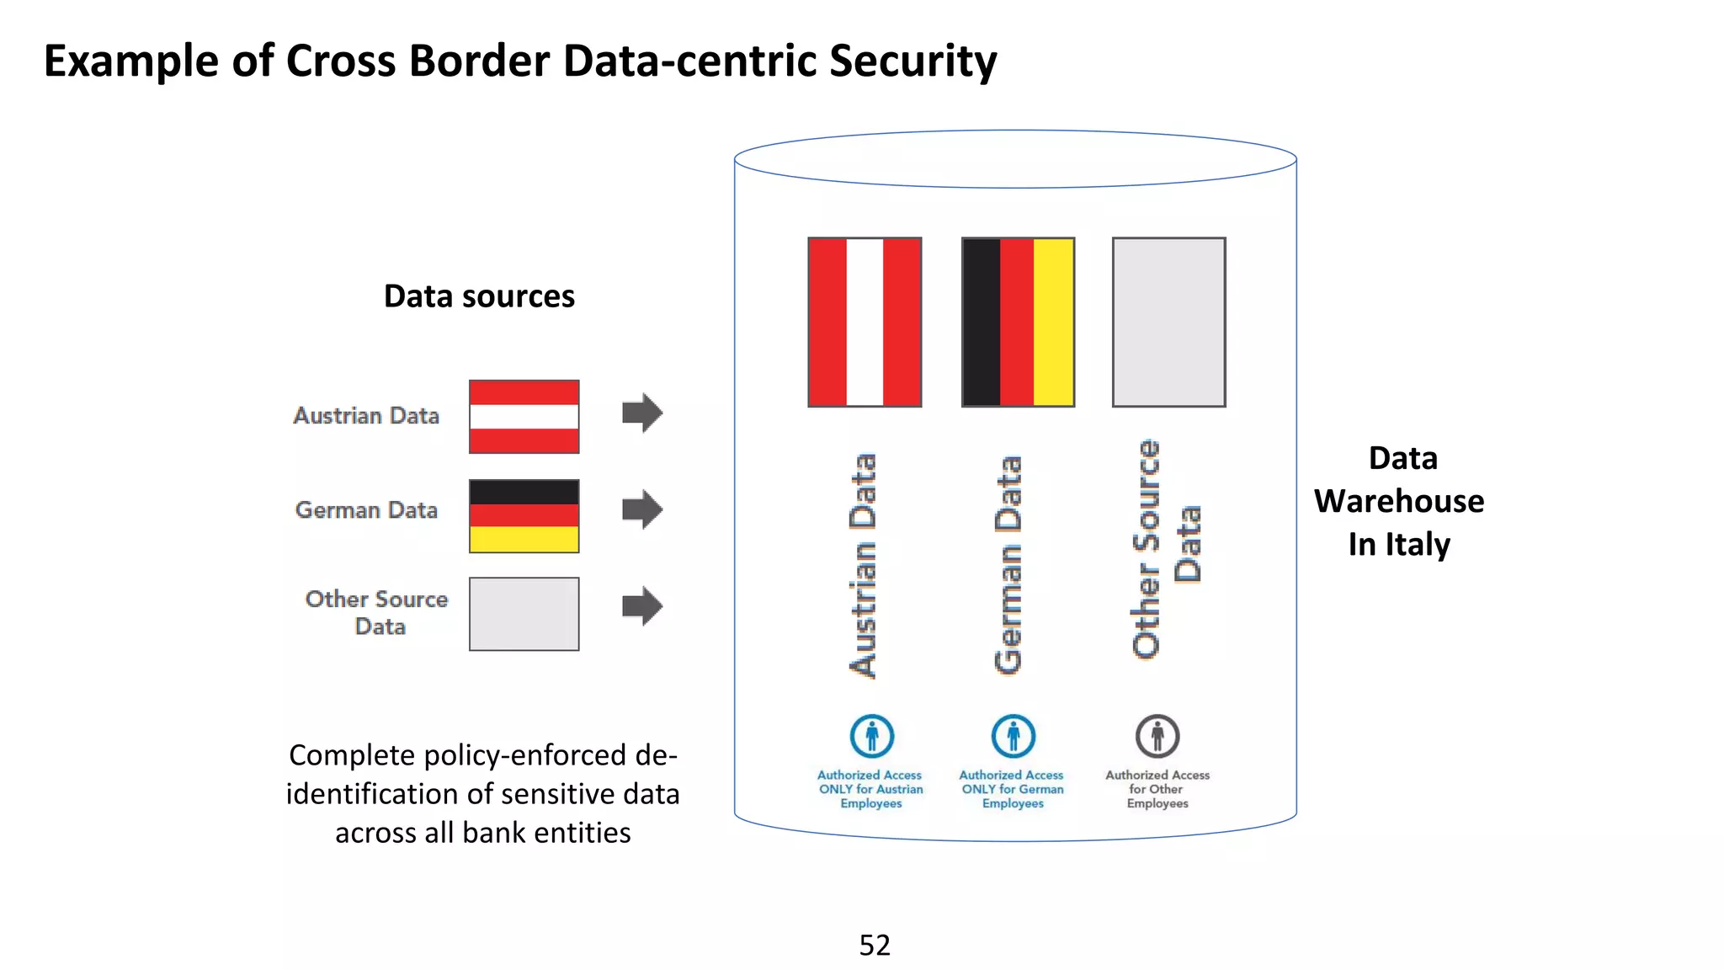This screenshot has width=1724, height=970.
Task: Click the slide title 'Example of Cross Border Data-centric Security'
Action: click(x=519, y=61)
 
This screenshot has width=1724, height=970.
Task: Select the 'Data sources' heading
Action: click(x=479, y=296)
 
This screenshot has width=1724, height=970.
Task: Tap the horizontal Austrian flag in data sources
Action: click(x=524, y=417)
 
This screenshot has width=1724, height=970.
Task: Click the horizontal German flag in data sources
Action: click(x=524, y=515)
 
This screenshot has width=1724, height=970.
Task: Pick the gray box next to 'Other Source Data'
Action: click(x=524, y=614)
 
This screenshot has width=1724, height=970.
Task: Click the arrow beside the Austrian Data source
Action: click(x=642, y=413)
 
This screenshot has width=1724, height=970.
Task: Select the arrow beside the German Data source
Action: click(x=642, y=509)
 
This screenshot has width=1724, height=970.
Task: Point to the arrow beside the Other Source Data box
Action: click(x=642, y=606)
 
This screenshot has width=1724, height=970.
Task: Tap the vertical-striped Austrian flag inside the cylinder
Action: click(x=865, y=322)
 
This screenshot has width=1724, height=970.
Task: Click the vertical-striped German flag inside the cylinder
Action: click(x=1018, y=322)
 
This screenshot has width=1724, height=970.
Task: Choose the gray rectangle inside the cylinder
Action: click(x=1168, y=322)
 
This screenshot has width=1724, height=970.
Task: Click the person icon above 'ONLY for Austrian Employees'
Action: click(x=871, y=737)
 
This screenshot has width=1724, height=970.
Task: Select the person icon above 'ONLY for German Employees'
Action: click(x=1014, y=737)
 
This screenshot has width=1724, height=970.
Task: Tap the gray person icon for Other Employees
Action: click(x=1157, y=737)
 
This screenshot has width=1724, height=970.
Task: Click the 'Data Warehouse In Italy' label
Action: click(x=1399, y=501)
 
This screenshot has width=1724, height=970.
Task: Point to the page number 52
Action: click(x=875, y=945)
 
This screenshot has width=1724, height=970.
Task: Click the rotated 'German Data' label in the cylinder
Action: click(x=1008, y=565)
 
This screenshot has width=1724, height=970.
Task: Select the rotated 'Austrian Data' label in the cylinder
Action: click(x=864, y=566)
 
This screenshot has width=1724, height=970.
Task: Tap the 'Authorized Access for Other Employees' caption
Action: click(x=1157, y=789)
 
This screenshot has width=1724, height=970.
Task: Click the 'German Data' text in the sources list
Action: click(x=366, y=510)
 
